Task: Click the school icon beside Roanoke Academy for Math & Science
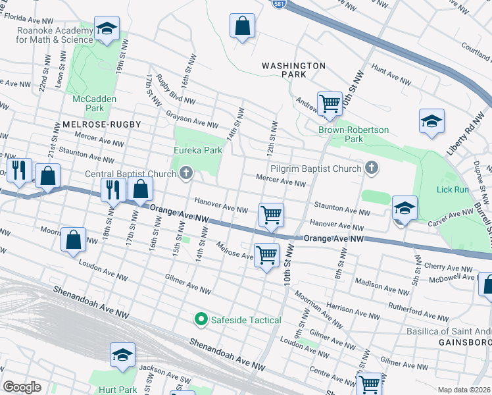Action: coord(107,29)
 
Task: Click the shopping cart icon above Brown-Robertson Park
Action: coord(329,103)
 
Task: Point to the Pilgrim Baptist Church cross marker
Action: coord(372,169)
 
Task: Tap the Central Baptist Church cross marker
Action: coord(186,174)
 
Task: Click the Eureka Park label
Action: coord(197,150)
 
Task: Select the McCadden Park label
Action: coord(89,103)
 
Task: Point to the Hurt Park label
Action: coord(118,390)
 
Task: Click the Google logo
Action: coord(22,387)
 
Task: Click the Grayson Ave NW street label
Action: coord(192,120)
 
